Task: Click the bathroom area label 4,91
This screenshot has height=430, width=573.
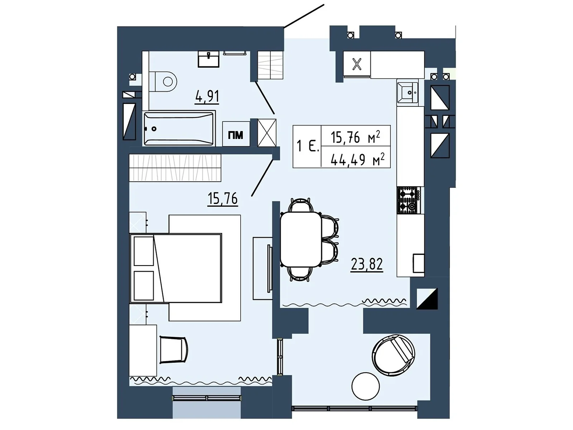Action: point(207,96)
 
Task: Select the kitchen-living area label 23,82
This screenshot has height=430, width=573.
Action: point(367,264)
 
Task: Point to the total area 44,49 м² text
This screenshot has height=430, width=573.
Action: point(357,159)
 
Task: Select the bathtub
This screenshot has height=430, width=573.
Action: point(179,128)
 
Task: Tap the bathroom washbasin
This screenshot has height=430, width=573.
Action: point(208,59)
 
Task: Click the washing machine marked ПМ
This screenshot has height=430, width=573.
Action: point(236,134)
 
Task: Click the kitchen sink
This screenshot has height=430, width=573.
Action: point(407,92)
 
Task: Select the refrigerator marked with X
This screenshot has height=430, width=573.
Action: point(357,64)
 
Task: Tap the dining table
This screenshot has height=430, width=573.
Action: point(301,239)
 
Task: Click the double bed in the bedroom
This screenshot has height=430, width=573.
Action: point(176,268)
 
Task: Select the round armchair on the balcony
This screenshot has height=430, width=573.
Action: point(393,355)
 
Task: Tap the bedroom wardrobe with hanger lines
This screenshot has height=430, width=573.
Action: point(175,168)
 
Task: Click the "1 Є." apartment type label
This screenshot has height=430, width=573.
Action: point(308,146)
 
